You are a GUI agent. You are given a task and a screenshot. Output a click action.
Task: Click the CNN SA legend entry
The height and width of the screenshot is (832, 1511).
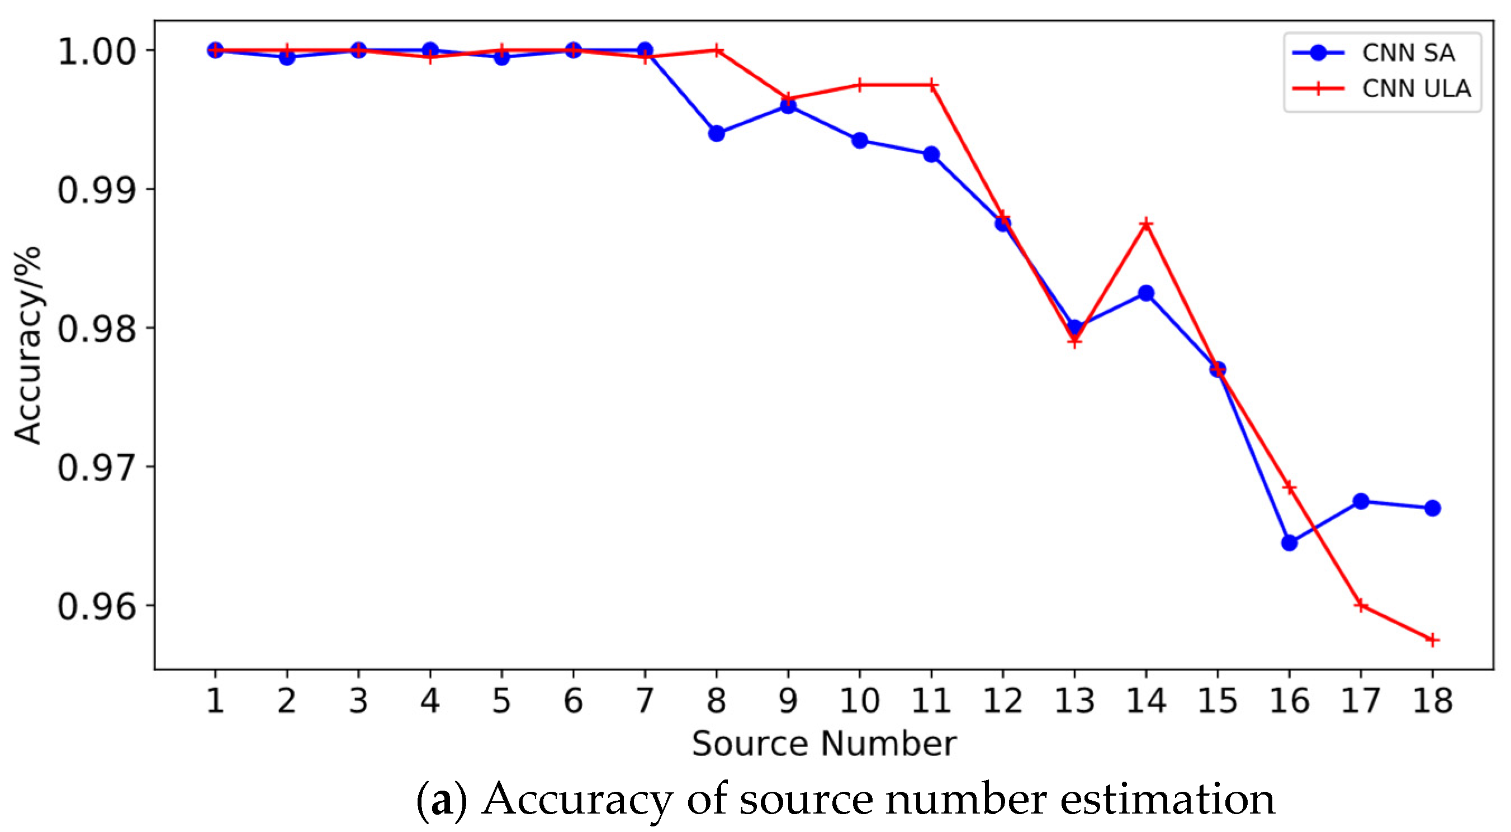pos(1408,53)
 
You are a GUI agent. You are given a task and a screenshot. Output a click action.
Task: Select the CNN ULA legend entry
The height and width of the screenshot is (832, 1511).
pos(1415,88)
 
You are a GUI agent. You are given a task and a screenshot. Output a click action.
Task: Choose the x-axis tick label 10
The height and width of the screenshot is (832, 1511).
pos(859,701)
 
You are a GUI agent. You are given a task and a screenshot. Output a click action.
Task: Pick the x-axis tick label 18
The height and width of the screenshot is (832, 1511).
pos(1432,701)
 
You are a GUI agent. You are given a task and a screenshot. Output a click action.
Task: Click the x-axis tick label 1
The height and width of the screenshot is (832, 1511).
pos(215,701)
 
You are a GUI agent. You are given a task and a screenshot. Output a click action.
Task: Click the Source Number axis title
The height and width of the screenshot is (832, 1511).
pos(823,744)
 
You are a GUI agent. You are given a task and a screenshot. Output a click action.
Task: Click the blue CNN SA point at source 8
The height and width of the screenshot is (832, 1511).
pos(716,134)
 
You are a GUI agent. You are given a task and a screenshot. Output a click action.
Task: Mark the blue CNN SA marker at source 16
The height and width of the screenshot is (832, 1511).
pos(1289,543)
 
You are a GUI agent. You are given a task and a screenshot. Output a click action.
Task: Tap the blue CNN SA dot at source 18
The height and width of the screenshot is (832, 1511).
pos(1432,508)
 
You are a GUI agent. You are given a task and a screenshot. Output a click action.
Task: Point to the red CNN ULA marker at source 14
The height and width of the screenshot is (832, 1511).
pos(1146,225)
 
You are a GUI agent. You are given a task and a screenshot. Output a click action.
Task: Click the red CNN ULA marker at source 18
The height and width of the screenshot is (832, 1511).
pos(1432,640)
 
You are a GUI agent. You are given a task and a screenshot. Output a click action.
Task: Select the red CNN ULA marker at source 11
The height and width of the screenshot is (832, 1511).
pos(931,85)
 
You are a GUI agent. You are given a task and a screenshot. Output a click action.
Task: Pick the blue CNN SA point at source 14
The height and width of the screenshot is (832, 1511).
pos(1146,293)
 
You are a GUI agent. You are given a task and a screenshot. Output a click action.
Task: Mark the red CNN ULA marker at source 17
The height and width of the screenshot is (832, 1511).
pos(1361,606)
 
